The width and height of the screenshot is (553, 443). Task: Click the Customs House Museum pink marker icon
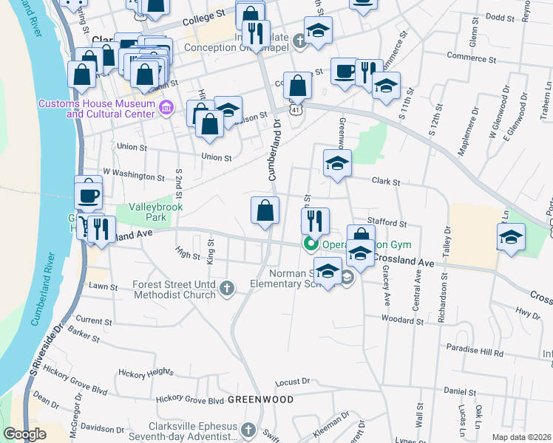[x=166, y=109]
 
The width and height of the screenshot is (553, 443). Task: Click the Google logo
[x=24, y=434]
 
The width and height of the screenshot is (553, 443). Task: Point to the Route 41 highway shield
[x=296, y=109]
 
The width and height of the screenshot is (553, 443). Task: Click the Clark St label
[x=385, y=182]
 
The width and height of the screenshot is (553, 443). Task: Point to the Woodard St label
[x=403, y=320]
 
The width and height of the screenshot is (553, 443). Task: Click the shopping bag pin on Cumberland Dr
[x=265, y=212]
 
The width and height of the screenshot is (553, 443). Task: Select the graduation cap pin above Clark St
[x=337, y=164]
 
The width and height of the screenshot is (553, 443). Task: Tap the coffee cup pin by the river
[x=89, y=196]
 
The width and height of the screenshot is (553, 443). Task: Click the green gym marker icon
[x=311, y=244]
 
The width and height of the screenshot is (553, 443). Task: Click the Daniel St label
[x=458, y=391]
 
